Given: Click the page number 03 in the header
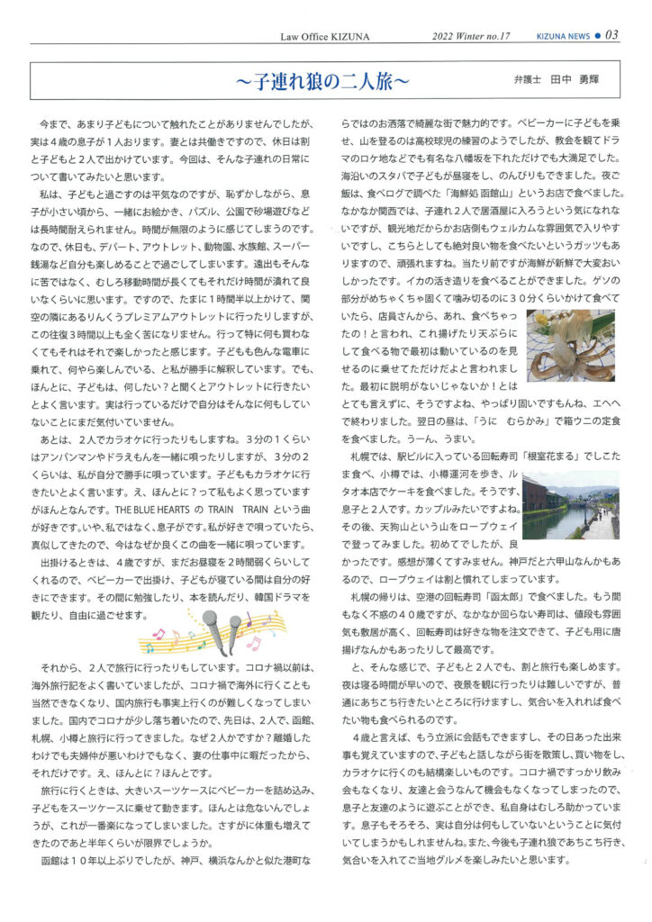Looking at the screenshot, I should [611, 35].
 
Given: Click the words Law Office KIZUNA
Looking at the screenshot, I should [306, 36].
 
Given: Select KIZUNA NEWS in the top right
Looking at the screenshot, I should [566, 36].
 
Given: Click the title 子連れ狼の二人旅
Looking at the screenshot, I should [323, 81].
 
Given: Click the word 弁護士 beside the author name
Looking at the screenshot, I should [528, 80].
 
